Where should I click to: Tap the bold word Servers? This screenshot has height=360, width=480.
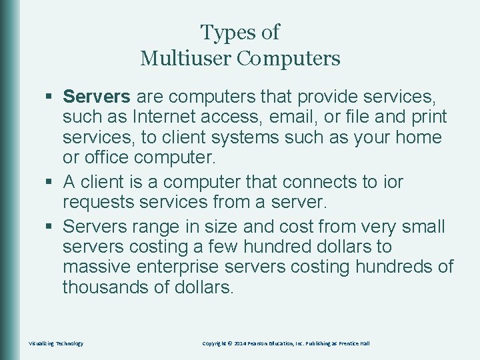point(97,97)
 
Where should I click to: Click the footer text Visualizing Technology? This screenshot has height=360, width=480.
point(56,343)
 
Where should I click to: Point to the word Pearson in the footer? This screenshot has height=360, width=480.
point(259,343)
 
